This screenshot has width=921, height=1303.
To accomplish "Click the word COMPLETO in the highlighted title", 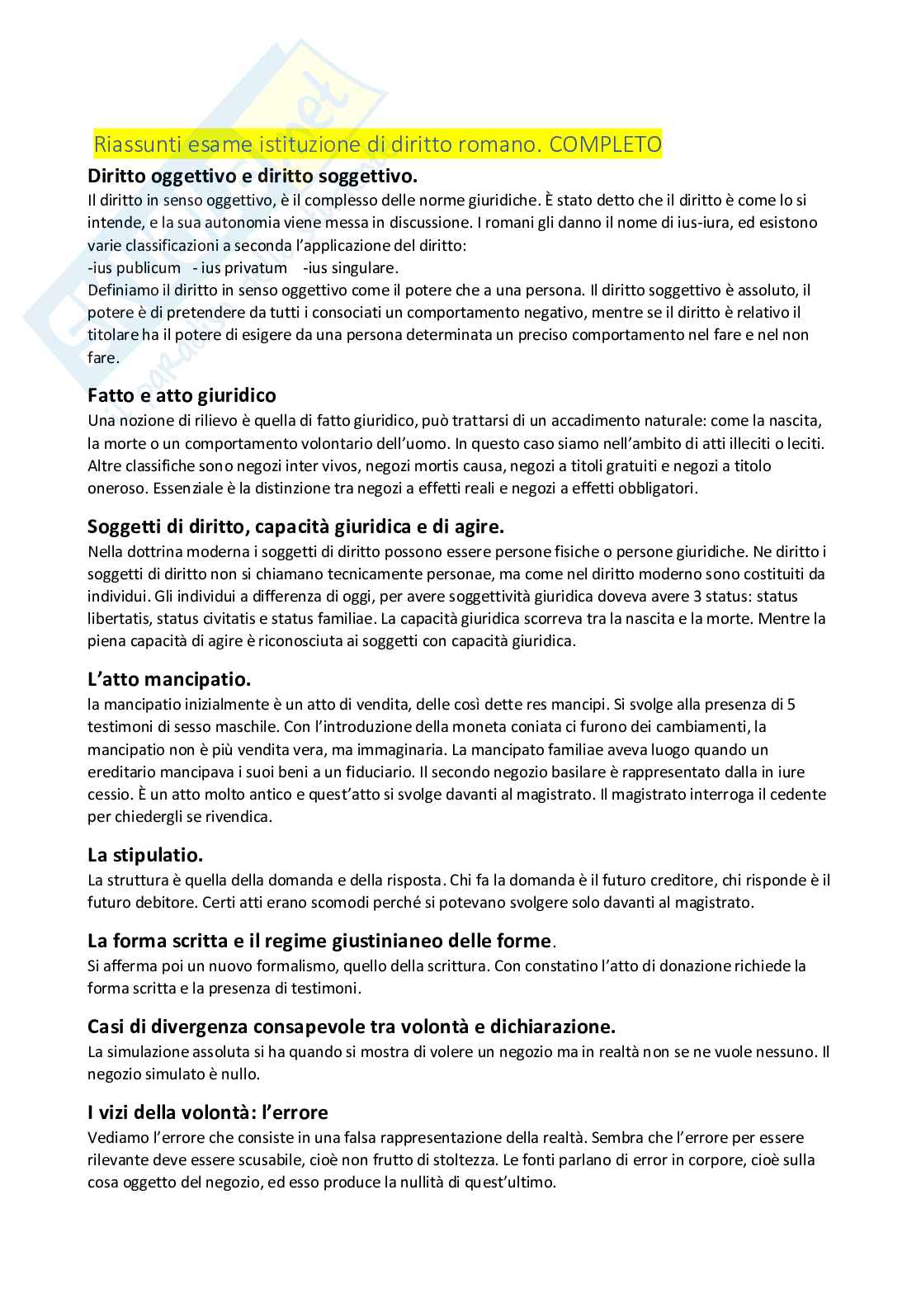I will (605, 144).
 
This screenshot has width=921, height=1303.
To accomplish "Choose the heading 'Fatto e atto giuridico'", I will (182, 395).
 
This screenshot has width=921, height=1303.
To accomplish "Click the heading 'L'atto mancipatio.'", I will (169, 680).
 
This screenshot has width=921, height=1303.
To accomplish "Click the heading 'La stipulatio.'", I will (145, 854).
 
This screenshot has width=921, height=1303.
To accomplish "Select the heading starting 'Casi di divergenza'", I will (352, 1027).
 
